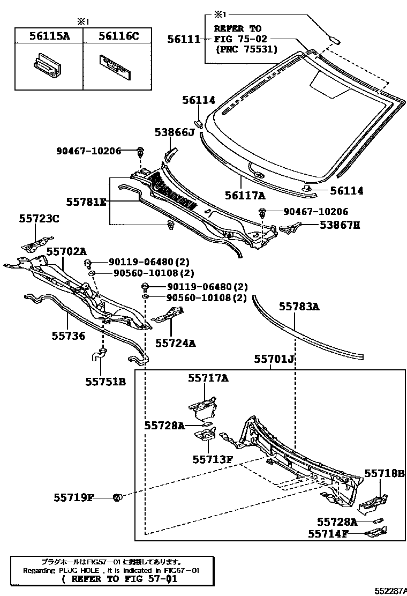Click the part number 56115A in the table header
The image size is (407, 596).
click(49, 36)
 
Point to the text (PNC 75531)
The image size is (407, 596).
click(246, 49)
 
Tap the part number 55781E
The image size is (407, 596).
click(86, 202)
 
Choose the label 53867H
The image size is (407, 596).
click(340, 226)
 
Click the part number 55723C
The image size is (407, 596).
click(39, 218)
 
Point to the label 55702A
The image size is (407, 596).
click(66, 251)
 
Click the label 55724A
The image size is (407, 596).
click(176, 341)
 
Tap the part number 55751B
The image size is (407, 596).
click(105, 382)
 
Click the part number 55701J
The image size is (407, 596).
click(275, 359)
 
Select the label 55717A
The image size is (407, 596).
click(208, 378)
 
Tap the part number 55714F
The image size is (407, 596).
click(328, 534)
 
